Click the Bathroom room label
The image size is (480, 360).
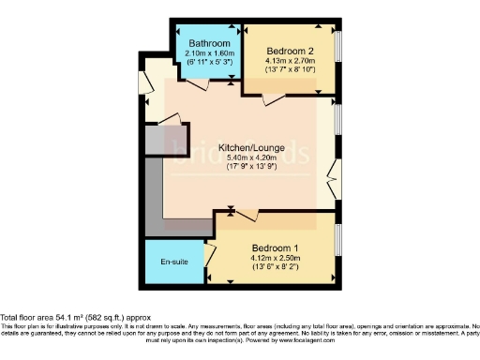coord(208,44)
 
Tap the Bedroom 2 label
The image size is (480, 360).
coord(290,51)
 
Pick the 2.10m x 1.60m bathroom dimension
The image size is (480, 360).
coord(208,54)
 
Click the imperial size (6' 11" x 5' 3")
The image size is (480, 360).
coord(208,64)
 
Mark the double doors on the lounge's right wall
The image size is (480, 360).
coord(333,174)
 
